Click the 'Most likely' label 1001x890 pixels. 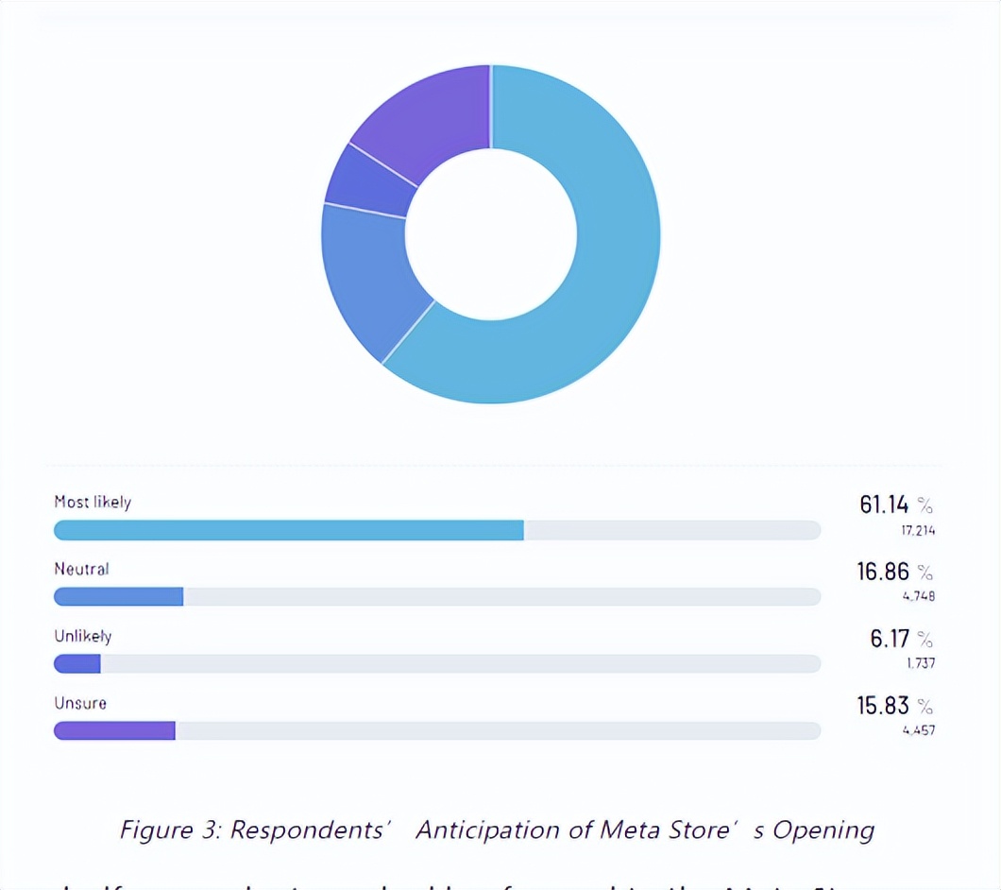(93, 502)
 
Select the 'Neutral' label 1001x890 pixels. (81, 569)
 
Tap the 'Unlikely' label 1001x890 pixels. (82, 636)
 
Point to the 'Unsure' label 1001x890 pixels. (80, 703)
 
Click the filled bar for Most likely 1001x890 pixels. (288, 530)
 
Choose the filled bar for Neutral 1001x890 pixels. (118, 597)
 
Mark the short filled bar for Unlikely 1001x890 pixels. (77, 664)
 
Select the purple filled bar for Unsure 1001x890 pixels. (114, 731)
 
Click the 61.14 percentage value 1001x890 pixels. (884, 505)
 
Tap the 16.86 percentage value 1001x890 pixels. (884, 572)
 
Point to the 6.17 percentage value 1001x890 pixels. (891, 639)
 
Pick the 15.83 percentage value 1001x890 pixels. (884, 706)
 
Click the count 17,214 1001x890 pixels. (917, 530)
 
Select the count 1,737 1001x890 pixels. (920, 663)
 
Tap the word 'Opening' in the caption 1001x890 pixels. (823, 830)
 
